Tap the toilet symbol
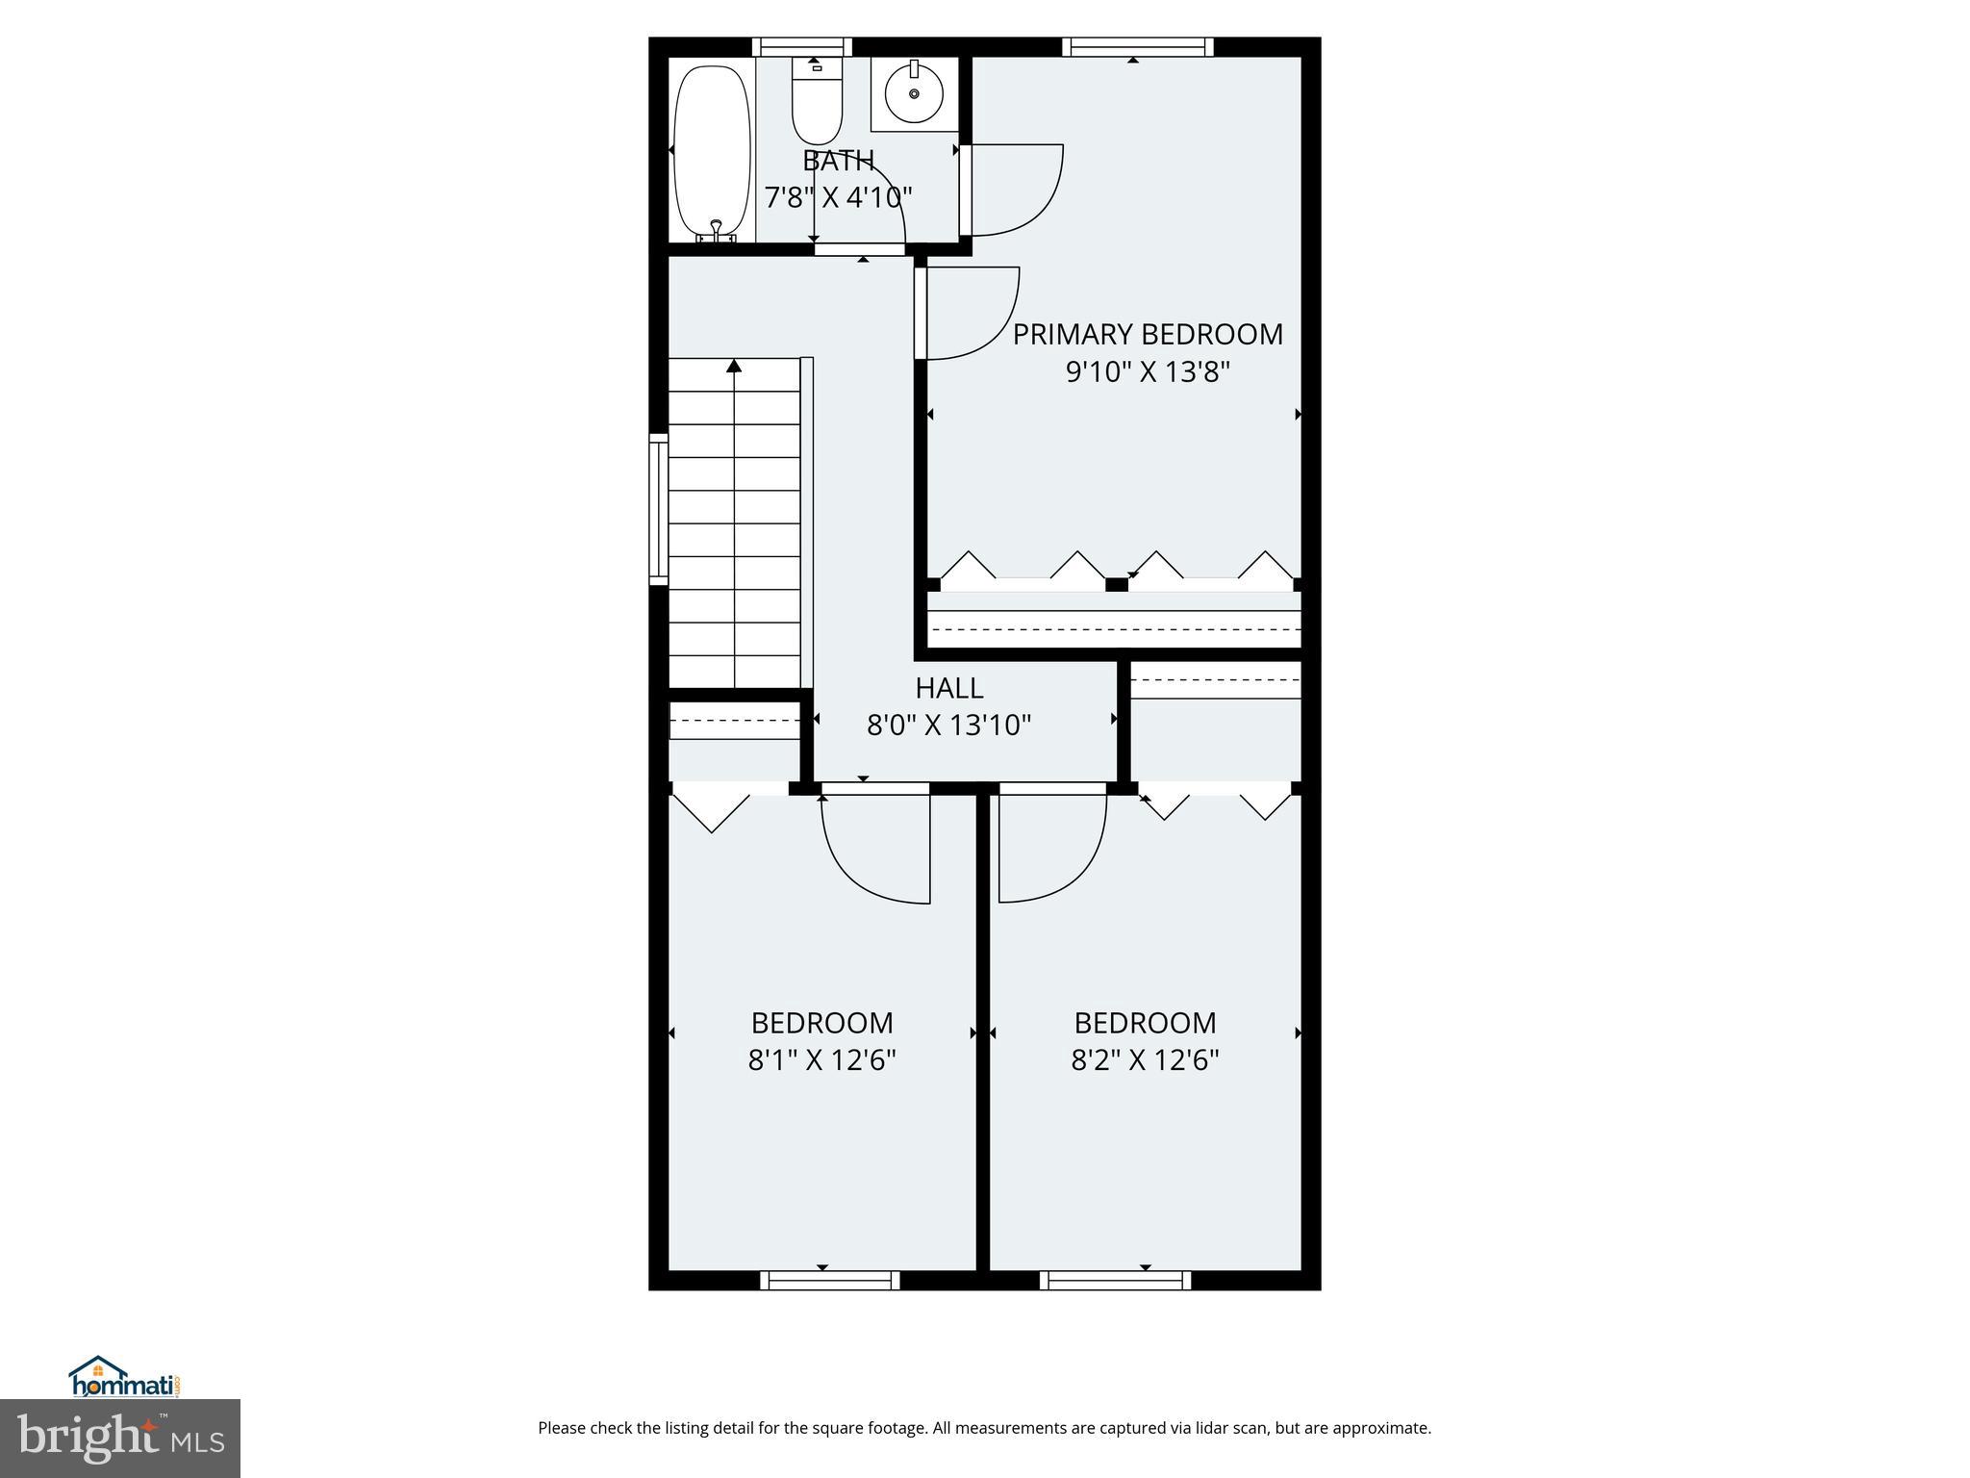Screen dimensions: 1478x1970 (817, 104)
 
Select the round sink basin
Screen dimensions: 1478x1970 (914, 93)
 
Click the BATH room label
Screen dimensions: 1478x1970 (838, 161)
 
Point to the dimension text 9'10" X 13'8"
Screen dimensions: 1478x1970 (1148, 372)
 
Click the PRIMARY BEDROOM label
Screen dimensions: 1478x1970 (1148, 335)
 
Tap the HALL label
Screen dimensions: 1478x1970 (948, 689)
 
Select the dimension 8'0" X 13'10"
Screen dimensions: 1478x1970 (948, 726)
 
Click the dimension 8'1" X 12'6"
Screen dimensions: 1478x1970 (822, 1060)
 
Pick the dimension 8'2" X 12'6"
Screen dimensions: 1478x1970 (1145, 1060)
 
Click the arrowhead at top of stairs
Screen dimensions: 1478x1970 (735, 366)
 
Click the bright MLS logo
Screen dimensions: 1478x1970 (119, 1438)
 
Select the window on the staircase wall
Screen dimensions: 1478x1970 (658, 508)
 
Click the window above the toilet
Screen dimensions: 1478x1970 (801, 46)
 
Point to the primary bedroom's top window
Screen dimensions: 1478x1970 (1137, 46)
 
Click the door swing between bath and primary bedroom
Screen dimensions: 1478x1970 (1015, 190)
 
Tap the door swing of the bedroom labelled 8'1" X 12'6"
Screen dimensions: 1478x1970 (875, 847)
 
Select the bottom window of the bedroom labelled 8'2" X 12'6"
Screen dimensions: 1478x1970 (1115, 1280)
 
